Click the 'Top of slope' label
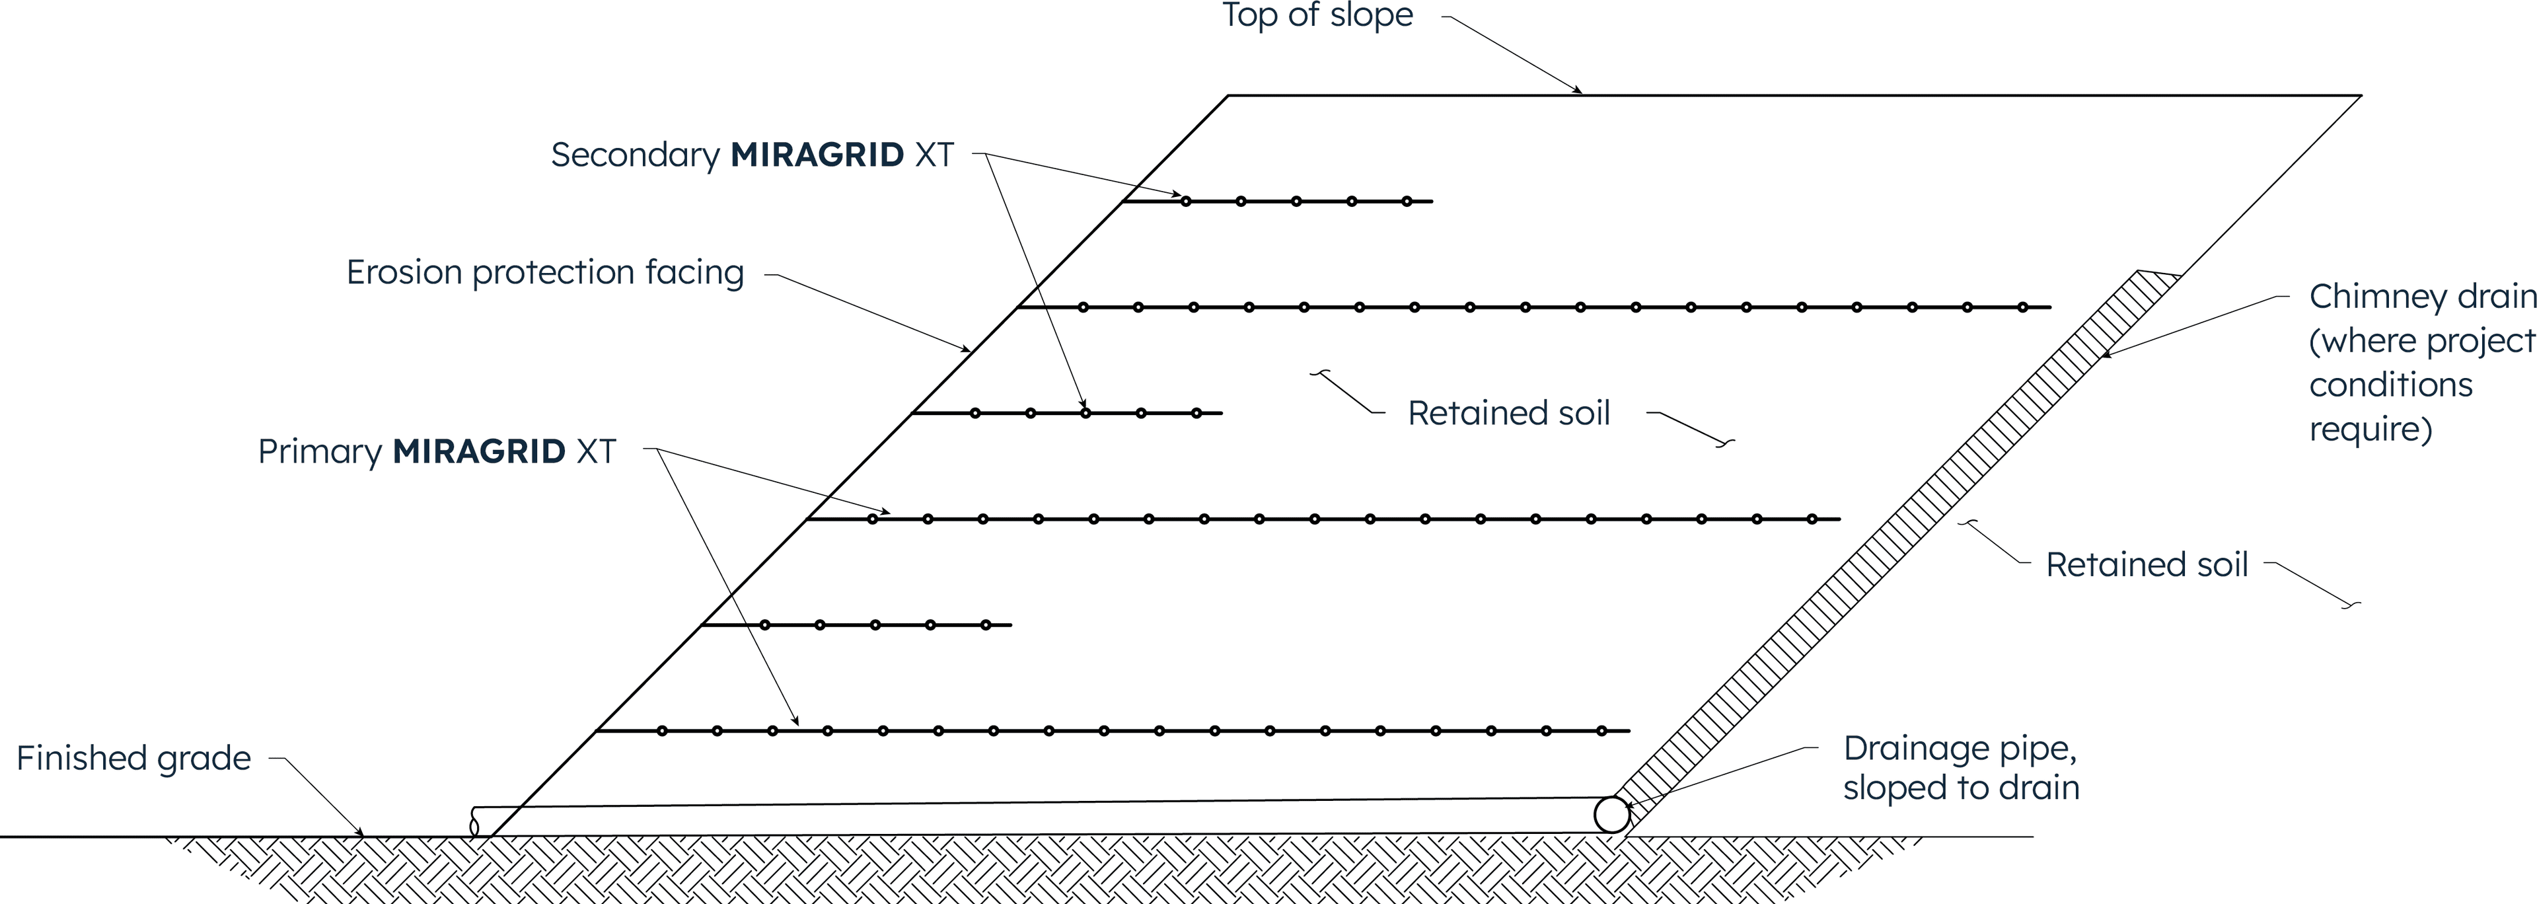click(x=1317, y=16)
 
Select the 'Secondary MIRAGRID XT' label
click(x=751, y=155)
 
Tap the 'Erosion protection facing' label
click(x=544, y=272)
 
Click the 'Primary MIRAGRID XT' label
click(x=436, y=451)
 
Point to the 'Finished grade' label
click(x=134, y=758)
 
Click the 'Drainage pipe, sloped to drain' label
click(x=1960, y=768)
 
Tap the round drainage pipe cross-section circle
click(x=1611, y=814)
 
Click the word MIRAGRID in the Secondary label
click(x=817, y=155)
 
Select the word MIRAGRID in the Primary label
click(x=478, y=451)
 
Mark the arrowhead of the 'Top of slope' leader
click(x=1580, y=93)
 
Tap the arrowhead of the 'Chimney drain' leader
click(x=2106, y=356)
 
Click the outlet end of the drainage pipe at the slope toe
click(x=475, y=822)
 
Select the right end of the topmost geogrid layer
click(x=1431, y=201)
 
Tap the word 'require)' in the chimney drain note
click(x=2371, y=430)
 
